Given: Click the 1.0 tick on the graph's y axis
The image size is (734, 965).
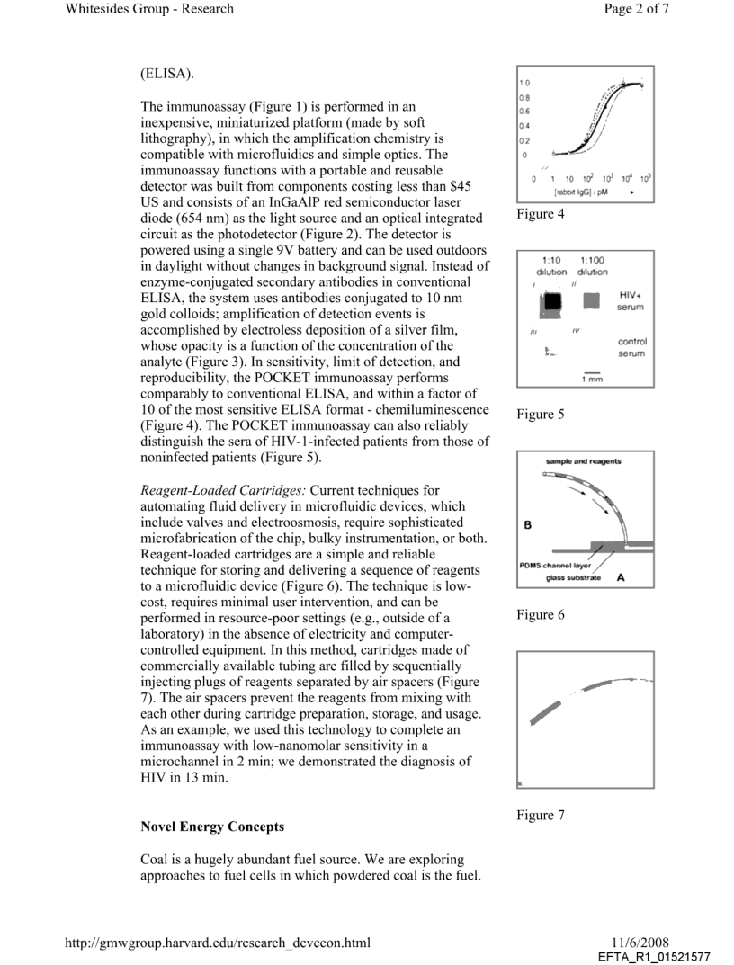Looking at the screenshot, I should point(525,83).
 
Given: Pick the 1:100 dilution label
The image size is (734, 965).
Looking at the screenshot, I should point(592,265).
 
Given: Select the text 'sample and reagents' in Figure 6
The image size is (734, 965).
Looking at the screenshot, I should point(583,461).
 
